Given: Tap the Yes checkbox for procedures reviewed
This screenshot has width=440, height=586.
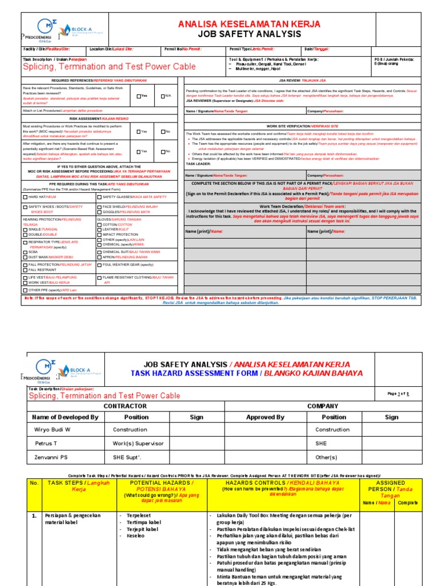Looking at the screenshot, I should [x=139, y=96].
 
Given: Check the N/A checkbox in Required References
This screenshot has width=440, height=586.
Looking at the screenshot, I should [x=163, y=96].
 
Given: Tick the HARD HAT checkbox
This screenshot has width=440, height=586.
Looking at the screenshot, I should [x=25, y=197].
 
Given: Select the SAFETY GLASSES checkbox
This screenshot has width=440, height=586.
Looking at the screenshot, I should [x=99, y=197].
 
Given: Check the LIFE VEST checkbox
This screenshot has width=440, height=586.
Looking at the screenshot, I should [x=25, y=278].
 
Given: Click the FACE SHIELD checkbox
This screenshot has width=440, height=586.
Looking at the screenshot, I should [x=99, y=206].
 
